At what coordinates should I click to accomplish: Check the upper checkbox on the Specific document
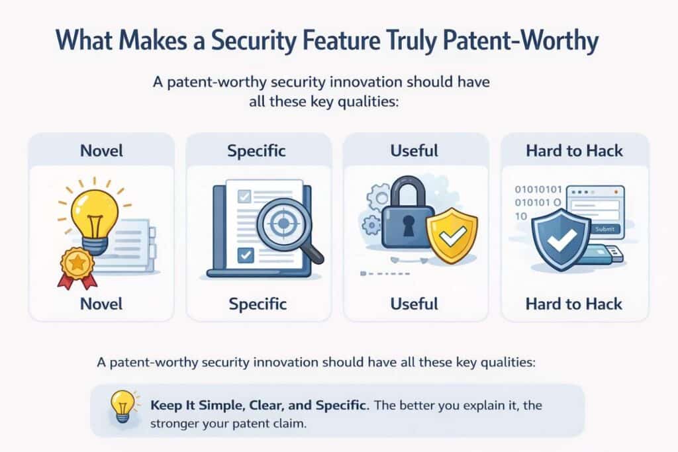[243, 197]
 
